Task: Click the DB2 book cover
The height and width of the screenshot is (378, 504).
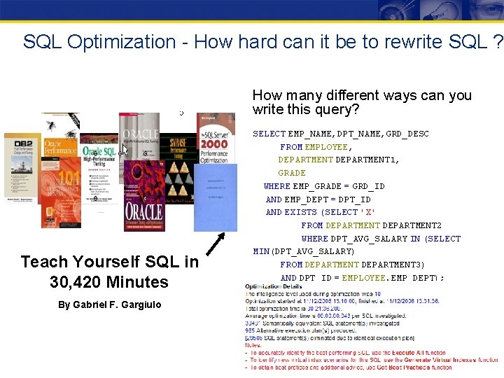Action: pos(22,165)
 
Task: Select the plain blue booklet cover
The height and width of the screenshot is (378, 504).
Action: pos(216,197)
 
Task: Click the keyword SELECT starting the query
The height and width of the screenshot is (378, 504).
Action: pos(269,134)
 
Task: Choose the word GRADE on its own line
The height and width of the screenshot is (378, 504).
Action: pos(292,173)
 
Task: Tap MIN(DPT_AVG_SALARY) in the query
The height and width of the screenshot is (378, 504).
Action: pos(304,251)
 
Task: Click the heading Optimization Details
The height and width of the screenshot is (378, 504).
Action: pos(274,287)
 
